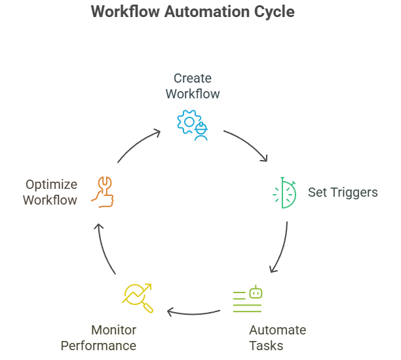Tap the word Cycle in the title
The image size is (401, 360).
coord(273,12)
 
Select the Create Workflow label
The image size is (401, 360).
coord(192,86)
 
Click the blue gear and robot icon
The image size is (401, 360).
coord(192,125)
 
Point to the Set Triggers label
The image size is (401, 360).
coord(343,192)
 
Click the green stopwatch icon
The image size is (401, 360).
coord(284,193)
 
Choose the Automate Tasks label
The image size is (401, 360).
coord(277,337)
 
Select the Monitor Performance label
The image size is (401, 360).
coord(99,337)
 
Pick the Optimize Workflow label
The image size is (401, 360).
coord(50,192)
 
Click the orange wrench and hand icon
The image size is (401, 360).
coord(104,191)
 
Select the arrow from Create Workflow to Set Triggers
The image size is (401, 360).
coord(248,144)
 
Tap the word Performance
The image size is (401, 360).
coord(99,346)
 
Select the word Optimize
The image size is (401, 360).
coord(51,184)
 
